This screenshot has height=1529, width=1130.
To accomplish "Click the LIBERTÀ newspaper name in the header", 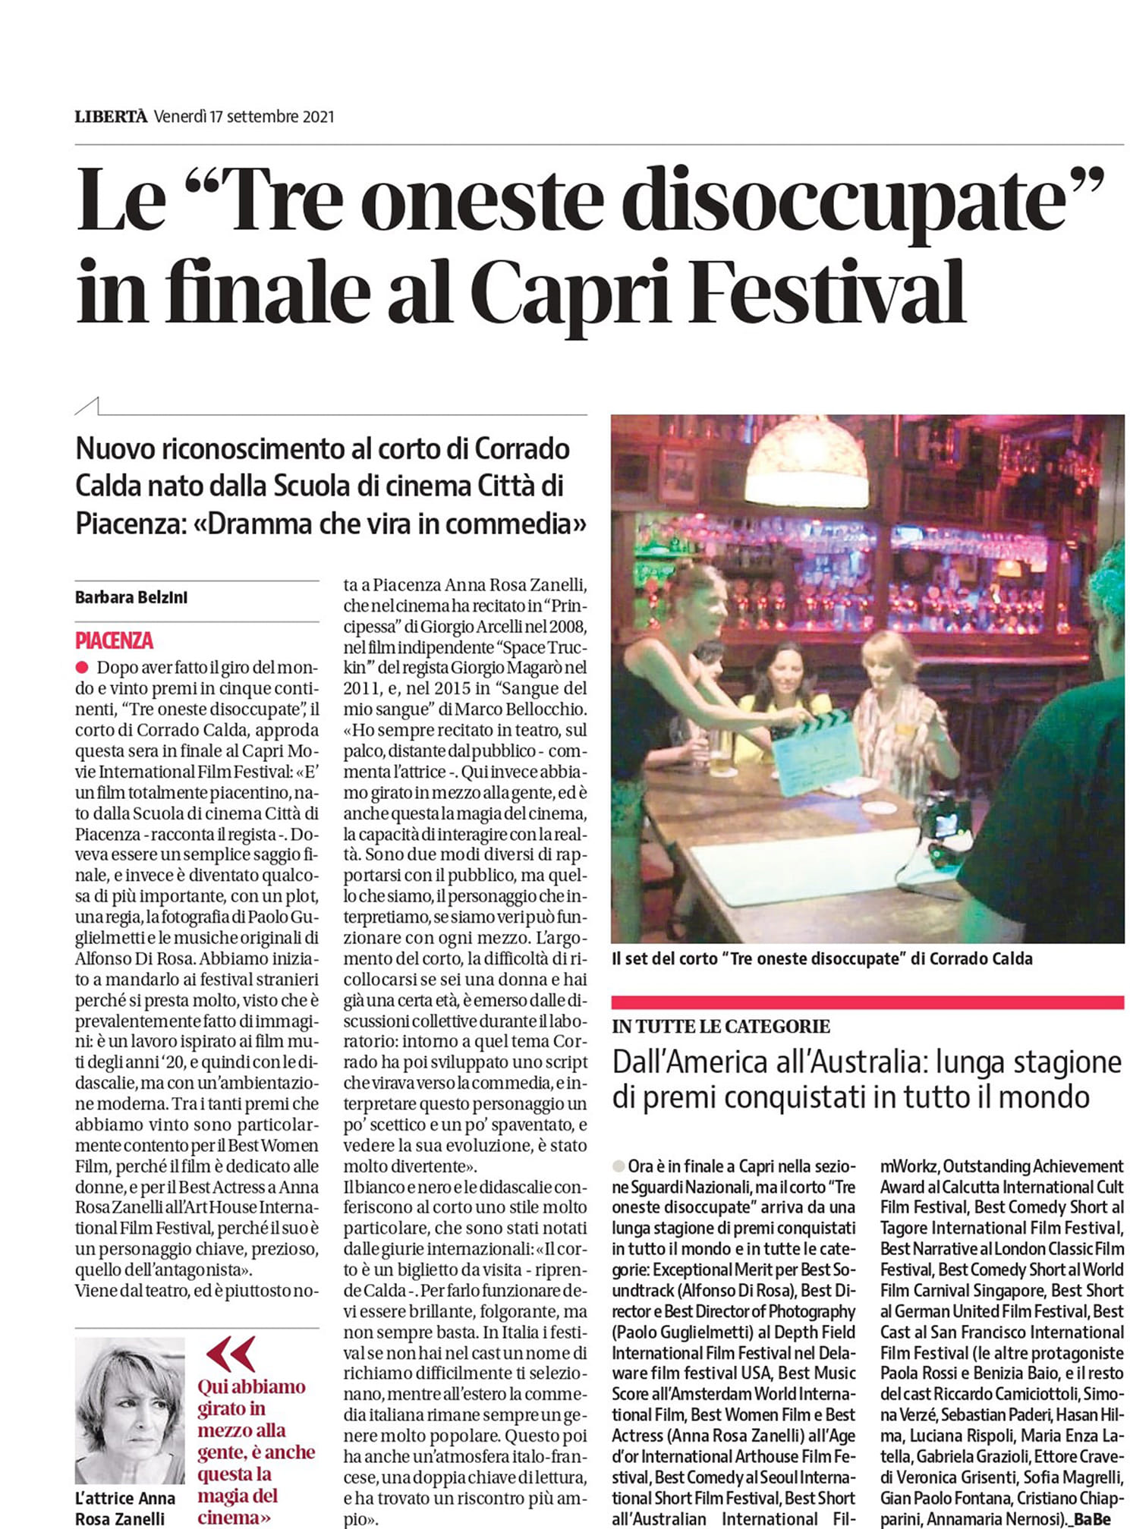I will coord(111,117).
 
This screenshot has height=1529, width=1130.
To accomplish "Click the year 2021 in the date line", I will coord(318,117).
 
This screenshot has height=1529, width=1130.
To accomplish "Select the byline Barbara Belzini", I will coord(131,597).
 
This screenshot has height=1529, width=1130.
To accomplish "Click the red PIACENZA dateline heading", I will coord(114,640).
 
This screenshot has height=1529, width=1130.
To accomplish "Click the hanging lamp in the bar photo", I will coord(806,463).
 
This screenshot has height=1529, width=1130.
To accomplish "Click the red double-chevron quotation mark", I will coord(231,1354).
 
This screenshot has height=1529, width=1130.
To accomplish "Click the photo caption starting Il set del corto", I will coord(822,958).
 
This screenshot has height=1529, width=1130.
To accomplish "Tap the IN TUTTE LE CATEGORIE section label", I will coord(721,1027).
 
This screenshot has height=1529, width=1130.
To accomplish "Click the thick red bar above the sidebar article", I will coord(867,1002).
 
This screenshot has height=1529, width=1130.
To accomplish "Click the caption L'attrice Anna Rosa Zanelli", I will coord(124,1509).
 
